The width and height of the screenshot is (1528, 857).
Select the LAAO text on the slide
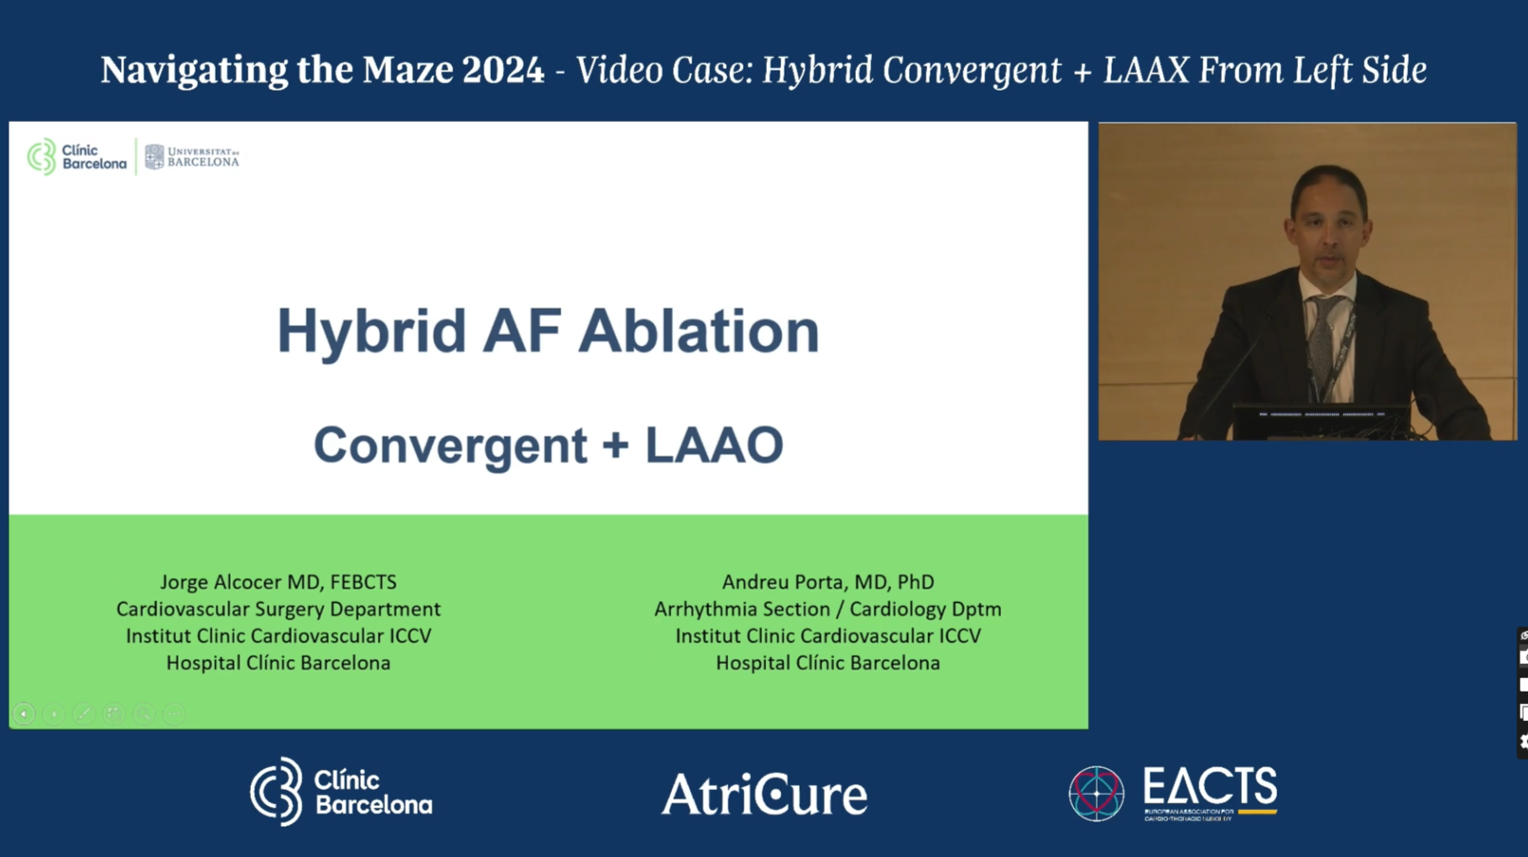[713, 445]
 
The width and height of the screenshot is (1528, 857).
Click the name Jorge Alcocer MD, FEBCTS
[278, 582]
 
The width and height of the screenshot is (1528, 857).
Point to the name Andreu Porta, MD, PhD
[827, 582]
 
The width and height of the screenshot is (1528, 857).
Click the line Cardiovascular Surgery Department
[278, 609]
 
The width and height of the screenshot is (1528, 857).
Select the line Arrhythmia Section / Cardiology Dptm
[827, 609]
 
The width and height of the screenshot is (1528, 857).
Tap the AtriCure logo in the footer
[764, 794]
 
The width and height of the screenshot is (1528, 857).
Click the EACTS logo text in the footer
[1209, 789]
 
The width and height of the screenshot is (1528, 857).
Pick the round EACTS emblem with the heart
[1096, 793]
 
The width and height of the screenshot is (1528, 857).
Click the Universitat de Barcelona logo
[192, 157]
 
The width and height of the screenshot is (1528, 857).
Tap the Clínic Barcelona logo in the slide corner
[76, 157]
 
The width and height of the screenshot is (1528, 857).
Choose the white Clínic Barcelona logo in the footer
[341, 792]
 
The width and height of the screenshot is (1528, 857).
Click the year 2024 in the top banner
[503, 70]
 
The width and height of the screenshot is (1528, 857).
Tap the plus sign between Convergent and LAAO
[615, 445]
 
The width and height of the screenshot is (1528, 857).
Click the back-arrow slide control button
[23, 713]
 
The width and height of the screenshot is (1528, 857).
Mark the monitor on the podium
[1321, 419]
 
